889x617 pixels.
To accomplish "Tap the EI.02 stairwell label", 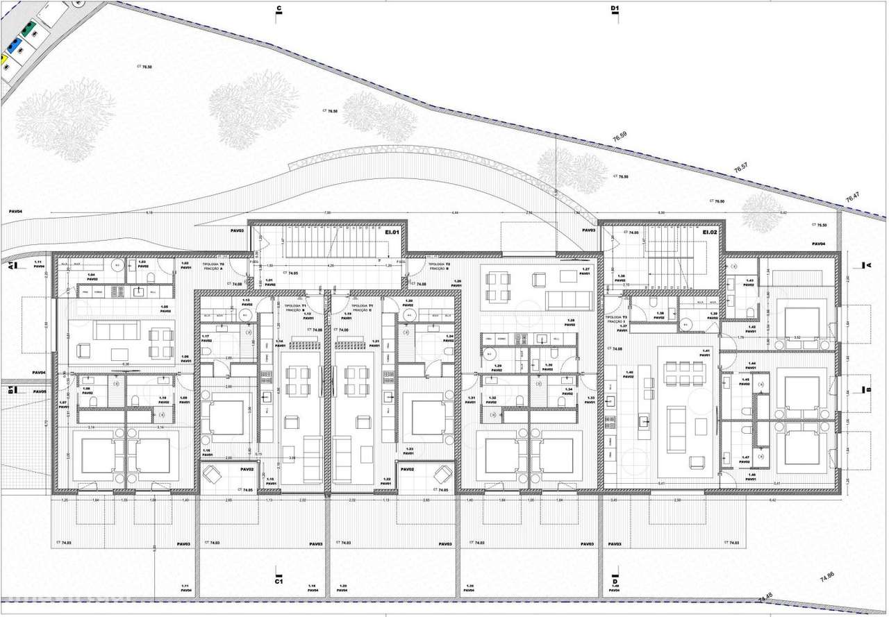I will [709, 233].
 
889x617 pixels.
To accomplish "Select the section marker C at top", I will [279, 9].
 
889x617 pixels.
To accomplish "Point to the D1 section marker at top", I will [614, 9].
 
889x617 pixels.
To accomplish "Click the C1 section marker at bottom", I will [279, 582].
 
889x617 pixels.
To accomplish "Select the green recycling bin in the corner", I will [27, 30].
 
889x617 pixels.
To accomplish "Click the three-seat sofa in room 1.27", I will [567, 301].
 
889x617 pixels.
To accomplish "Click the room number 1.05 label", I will [165, 307].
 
